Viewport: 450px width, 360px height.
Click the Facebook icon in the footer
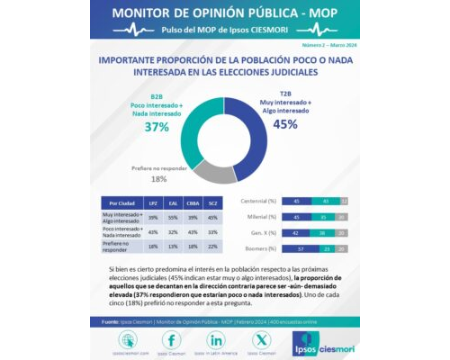click(x=171, y=340)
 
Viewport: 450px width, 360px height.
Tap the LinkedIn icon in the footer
click(x=216, y=340)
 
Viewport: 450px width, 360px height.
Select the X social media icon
click(x=261, y=340)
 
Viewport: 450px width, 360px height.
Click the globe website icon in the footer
click(x=126, y=340)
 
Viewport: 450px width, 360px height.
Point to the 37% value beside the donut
click(x=157, y=127)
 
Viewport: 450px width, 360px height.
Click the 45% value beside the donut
click(x=285, y=124)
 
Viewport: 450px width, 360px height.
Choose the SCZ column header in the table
click(x=211, y=203)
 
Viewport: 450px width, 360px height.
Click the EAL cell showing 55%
click(x=174, y=217)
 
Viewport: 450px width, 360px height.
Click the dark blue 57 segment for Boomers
click(x=301, y=247)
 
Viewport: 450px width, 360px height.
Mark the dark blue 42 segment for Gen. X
click(x=296, y=232)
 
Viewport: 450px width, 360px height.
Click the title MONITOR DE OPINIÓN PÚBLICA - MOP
click(x=224, y=14)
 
